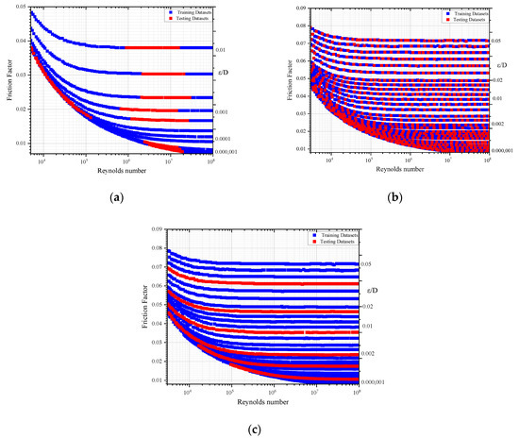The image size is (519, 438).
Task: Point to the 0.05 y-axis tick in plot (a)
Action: pos(21,7)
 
